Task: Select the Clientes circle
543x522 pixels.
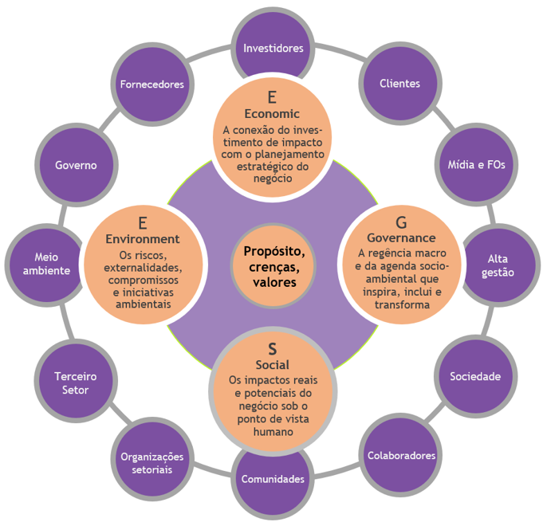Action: click(399, 83)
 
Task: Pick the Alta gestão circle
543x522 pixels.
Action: click(501, 265)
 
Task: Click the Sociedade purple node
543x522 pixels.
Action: click(474, 376)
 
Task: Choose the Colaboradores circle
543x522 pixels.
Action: click(401, 456)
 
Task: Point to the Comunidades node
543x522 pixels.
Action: click(273, 480)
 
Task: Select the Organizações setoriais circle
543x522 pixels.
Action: click(151, 462)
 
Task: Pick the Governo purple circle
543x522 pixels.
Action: click(76, 165)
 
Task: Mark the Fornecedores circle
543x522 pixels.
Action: click(151, 84)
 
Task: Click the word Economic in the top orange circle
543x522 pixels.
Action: click(273, 114)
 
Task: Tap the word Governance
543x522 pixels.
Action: click(401, 237)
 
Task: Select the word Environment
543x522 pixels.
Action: click(143, 238)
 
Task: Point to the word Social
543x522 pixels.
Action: click(273, 365)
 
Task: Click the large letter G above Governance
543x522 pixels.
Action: click(401, 222)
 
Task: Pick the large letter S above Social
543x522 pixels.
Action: click(273, 349)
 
